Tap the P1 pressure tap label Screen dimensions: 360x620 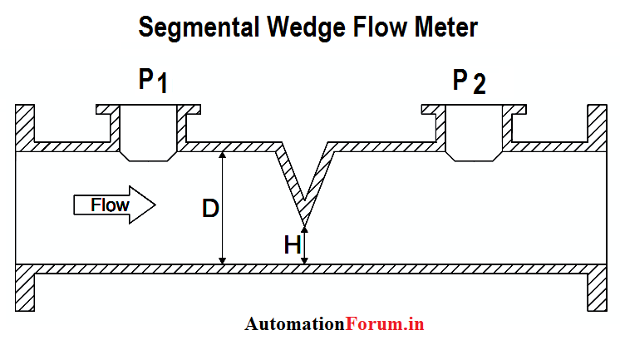[x=153, y=81]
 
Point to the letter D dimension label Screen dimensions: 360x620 [x=210, y=209]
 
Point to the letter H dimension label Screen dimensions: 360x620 [x=292, y=245]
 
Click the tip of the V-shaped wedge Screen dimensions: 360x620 [x=304, y=224]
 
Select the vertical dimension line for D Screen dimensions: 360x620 [x=223, y=208]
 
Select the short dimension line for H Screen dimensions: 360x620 [x=304, y=247]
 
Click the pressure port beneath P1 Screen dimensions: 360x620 [x=146, y=133]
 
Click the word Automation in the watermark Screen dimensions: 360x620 [x=294, y=324]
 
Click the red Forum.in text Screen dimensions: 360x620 [x=384, y=324]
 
